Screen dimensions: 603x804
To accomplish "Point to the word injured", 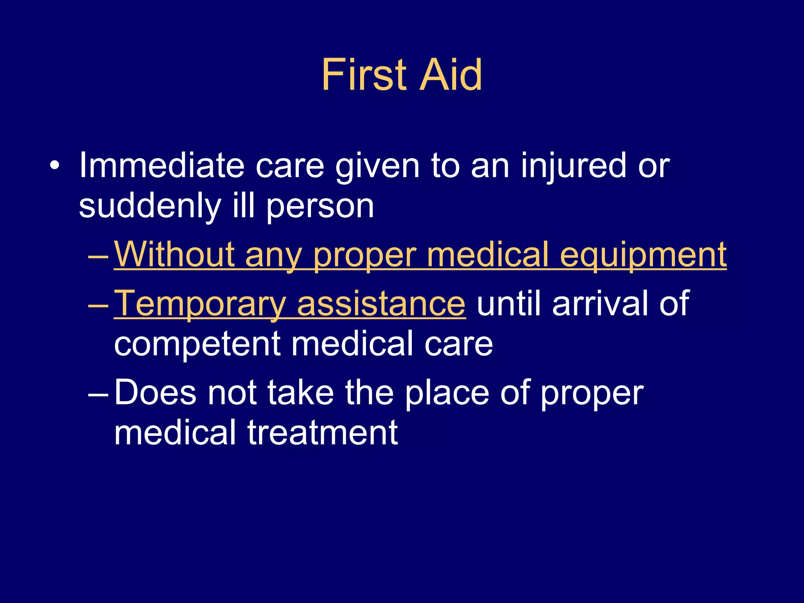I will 574,167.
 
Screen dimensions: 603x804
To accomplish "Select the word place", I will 447,393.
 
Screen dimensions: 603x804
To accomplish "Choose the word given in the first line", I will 377,167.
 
